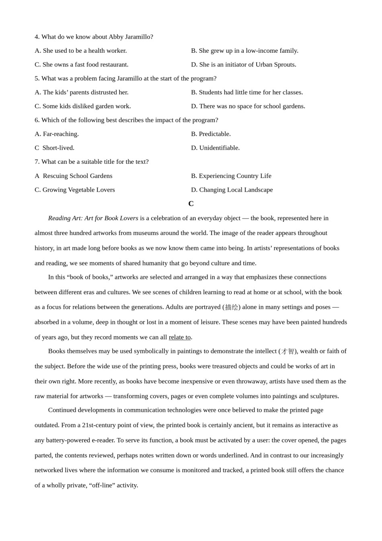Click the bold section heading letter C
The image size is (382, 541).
point(191,204)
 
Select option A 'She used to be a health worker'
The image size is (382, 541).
point(81,51)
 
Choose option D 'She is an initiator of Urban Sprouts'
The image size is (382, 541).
point(244,64)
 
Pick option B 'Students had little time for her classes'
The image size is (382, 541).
point(247,92)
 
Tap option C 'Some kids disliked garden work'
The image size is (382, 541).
point(83,106)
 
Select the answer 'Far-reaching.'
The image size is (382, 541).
point(57,134)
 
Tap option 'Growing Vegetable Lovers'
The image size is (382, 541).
point(75,190)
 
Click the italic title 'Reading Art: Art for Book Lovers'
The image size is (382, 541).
point(93,218)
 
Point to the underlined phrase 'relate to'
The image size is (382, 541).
point(179,337)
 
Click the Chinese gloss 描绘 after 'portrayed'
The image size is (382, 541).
point(232,307)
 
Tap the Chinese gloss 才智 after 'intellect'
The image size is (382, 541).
point(288,351)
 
